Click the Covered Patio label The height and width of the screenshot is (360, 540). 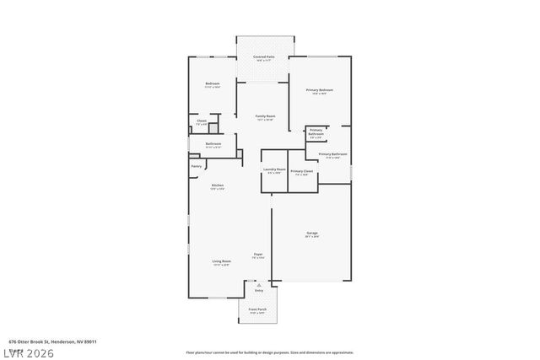263,56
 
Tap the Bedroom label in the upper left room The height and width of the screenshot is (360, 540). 213,83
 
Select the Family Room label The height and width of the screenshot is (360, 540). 265,116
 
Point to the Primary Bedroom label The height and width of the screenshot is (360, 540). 319,89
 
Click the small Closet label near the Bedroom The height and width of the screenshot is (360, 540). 202,121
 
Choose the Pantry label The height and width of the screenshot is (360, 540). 196,166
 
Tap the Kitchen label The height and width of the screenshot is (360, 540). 217,185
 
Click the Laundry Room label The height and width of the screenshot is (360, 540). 274,169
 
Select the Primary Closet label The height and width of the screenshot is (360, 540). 301,171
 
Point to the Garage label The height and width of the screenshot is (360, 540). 311,233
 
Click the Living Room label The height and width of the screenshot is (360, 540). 221,261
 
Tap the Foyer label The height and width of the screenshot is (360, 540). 258,254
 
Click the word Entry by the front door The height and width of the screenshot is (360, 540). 259,291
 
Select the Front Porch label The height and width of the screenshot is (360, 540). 257,309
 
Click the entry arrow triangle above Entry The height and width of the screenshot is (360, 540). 259,285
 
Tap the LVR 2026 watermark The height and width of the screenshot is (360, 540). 29,352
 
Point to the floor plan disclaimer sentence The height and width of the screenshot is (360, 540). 269,352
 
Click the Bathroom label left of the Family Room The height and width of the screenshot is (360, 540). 213,143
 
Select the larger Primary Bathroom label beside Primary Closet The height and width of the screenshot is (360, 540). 332,154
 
